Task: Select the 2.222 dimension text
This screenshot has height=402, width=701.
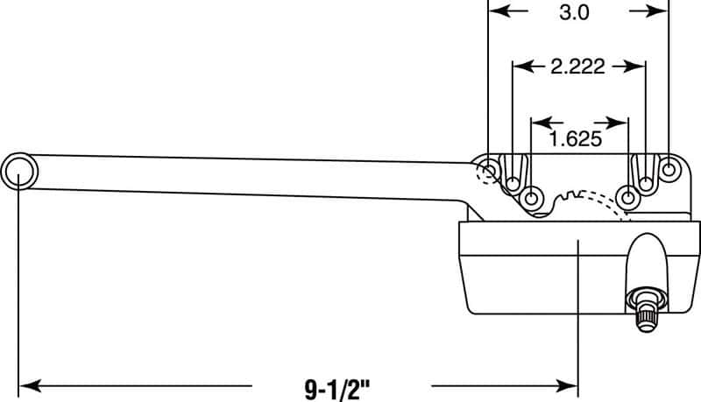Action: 578,67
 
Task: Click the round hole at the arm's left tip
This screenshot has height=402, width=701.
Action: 19,170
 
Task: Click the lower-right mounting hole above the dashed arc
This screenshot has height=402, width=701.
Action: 627,195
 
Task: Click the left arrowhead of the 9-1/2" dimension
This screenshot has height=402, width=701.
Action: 26,384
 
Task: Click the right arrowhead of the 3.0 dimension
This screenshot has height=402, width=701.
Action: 661,11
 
